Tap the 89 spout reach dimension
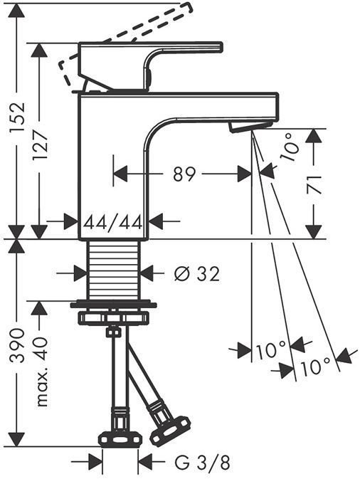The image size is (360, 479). tap(184, 174)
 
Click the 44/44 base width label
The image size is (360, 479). tap(113, 222)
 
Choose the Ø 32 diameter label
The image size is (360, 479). tap(196, 272)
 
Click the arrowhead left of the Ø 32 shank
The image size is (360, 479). tap(80, 272)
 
